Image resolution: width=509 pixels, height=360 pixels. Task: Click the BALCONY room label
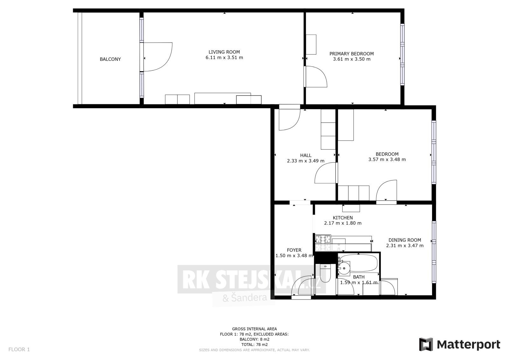point(110,59)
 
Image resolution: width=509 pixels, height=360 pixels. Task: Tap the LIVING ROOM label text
point(224,52)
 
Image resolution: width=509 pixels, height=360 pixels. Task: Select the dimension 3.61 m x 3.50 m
point(352,59)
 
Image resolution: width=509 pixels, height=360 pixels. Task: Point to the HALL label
point(306,155)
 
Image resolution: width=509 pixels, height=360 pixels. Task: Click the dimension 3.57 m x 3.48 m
point(387,159)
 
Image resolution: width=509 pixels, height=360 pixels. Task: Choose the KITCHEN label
point(343,218)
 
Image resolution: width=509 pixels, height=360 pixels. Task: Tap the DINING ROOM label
point(405,240)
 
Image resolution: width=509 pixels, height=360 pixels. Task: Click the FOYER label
point(294,250)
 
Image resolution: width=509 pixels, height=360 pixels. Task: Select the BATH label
point(359,277)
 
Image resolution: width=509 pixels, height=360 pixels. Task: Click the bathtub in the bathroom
point(359,263)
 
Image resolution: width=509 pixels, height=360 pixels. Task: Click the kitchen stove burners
point(323,243)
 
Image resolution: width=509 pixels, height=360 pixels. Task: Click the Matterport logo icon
point(426,344)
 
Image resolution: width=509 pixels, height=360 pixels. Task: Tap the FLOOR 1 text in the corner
point(19,349)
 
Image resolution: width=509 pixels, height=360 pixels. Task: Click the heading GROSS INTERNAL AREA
point(254,329)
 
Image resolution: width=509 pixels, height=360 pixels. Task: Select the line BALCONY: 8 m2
point(254,339)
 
